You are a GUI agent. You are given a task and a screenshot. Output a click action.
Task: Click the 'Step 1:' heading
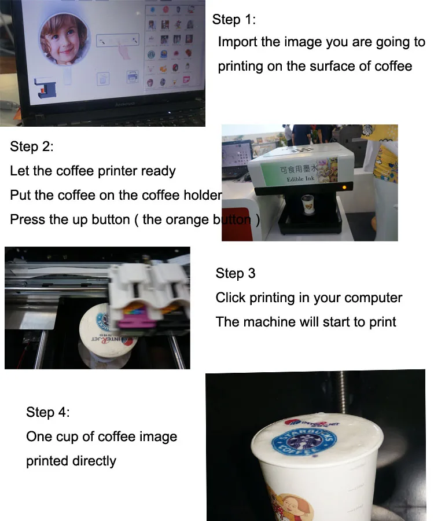234,20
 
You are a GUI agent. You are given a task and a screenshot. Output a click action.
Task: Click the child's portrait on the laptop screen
64,39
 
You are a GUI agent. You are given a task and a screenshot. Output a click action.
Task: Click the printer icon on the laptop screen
132,76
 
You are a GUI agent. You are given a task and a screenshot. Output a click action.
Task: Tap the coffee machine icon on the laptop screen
45,87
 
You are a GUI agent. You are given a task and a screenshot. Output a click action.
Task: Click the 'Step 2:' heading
32,146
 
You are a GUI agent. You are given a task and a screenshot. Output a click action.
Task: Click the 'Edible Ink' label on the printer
297,179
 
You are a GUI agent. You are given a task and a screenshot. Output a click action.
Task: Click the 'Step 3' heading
236,273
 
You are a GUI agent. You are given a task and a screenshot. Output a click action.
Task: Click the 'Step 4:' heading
48,412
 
